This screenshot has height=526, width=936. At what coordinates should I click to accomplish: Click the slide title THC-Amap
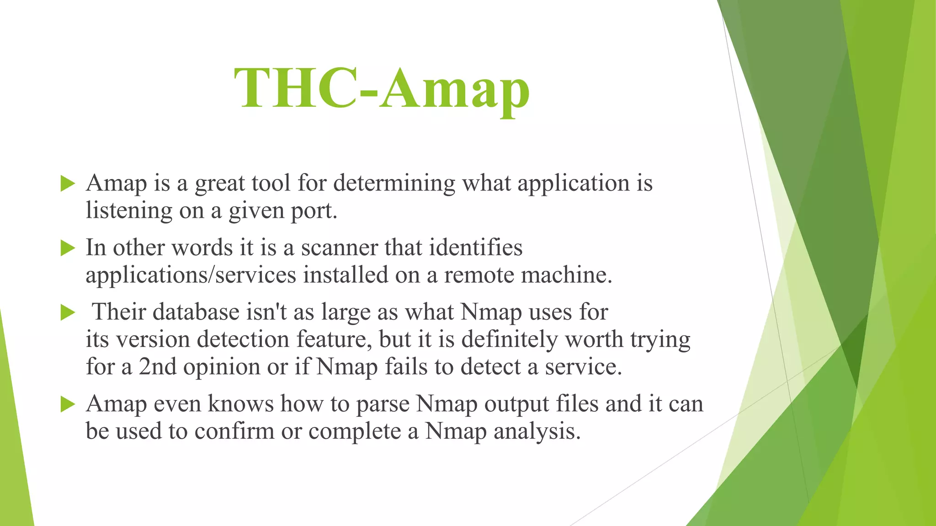tap(382, 88)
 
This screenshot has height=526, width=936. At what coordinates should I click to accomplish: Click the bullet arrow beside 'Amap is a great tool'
tap(68, 184)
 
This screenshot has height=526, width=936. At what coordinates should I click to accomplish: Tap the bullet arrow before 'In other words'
tap(68, 249)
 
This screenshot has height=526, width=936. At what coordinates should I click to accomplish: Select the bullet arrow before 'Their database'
tap(68, 313)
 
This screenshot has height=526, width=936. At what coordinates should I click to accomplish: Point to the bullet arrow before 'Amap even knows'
tap(68, 405)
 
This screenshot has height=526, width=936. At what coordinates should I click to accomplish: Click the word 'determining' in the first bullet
tap(394, 184)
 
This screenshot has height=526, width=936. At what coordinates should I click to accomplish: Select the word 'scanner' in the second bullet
tap(339, 248)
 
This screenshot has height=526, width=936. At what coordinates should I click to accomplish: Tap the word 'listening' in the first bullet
tap(129, 211)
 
